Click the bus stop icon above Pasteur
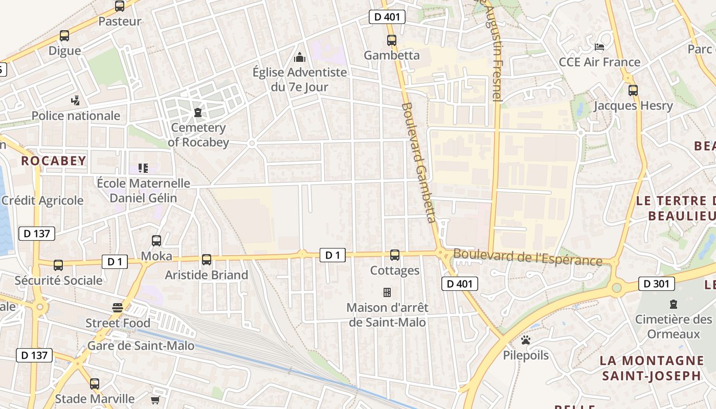pyautogui.click(x=120, y=6)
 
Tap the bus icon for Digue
pyautogui.click(x=64, y=36)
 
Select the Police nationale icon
pyautogui.click(x=76, y=100)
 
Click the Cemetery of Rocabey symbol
pyautogui.click(x=198, y=112)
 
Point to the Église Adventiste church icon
pyautogui.click(x=300, y=57)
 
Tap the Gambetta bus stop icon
pyautogui.click(x=392, y=40)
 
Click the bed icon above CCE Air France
pyautogui.click(x=600, y=47)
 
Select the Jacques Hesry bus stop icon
pyautogui.click(x=633, y=90)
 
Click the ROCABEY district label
pyautogui.click(x=54, y=161)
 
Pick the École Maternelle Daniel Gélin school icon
pyautogui.click(x=143, y=168)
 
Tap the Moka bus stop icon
pyautogui.click(x=156, y=240)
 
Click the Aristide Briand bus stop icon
pyautogui.click(x=207, y=260)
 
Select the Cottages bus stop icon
pyautogui.click(x=395, y=255)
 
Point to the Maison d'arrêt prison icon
pyautogui.click(x=387, y=292)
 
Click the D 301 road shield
pyautogui.click(x=656, y=284)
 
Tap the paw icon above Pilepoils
pyautogui.click(x=526, y=340)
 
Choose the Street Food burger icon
pyautogui.click(x=118, y=307)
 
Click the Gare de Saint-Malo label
pyautogui.click(x=141, y=346)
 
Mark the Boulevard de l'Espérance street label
pyautogui.click(x=528, y=257)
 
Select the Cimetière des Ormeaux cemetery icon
pyautogui.click(x=674, y=304)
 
